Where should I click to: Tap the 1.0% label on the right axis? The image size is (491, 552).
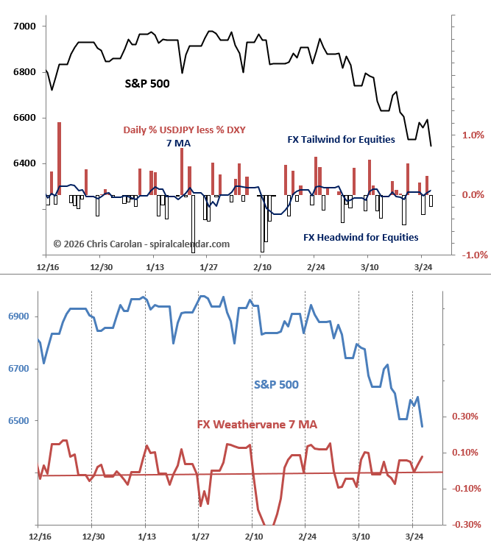tap(473, 135)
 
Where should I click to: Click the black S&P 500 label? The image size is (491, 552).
tap(146, 84)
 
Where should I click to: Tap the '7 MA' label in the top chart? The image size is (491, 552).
tap(178, 143)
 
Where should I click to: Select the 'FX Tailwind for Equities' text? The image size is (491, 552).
tap(341, 139)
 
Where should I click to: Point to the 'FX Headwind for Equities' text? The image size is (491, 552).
tap(361, 237)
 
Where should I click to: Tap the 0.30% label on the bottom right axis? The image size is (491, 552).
tap(467, 417)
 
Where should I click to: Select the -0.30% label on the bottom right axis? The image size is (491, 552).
tap(465, 525)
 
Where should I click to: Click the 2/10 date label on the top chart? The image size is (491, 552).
tap(263, 266)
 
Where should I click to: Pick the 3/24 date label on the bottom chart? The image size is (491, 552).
tap(412, 538)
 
